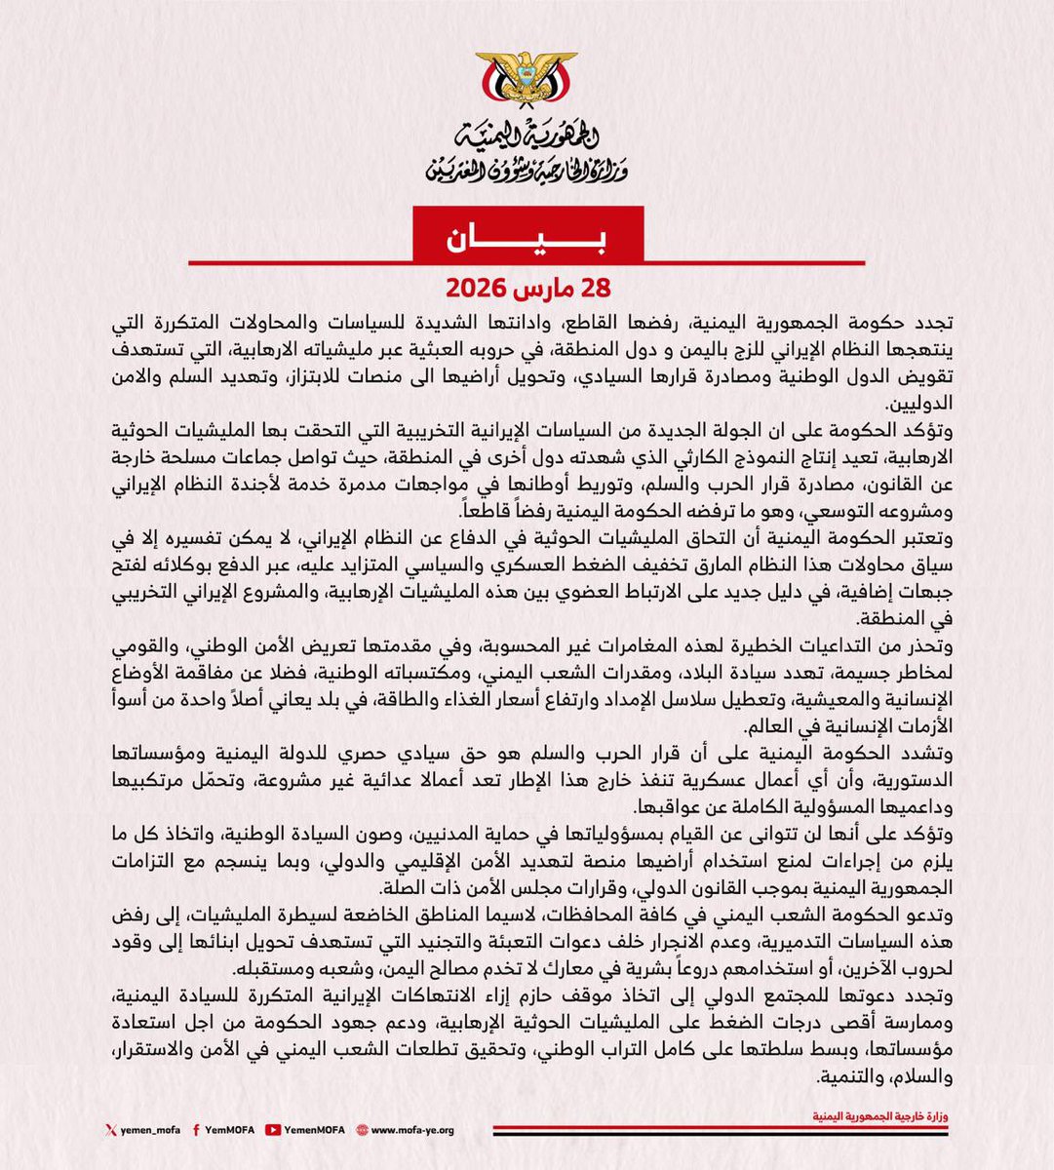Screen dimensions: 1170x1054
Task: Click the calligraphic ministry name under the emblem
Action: tap(527, 154)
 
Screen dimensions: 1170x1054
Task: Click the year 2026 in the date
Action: tap(480, 290)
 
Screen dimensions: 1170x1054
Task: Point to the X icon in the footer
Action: tap(110, 1130)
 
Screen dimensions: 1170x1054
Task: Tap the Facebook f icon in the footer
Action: tap(199, 1130)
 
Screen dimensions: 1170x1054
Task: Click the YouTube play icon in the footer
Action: tap(277, 1130)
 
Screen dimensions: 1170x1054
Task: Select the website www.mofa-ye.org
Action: tap(412, 1130)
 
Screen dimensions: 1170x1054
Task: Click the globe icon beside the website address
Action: tap(362, 1130)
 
